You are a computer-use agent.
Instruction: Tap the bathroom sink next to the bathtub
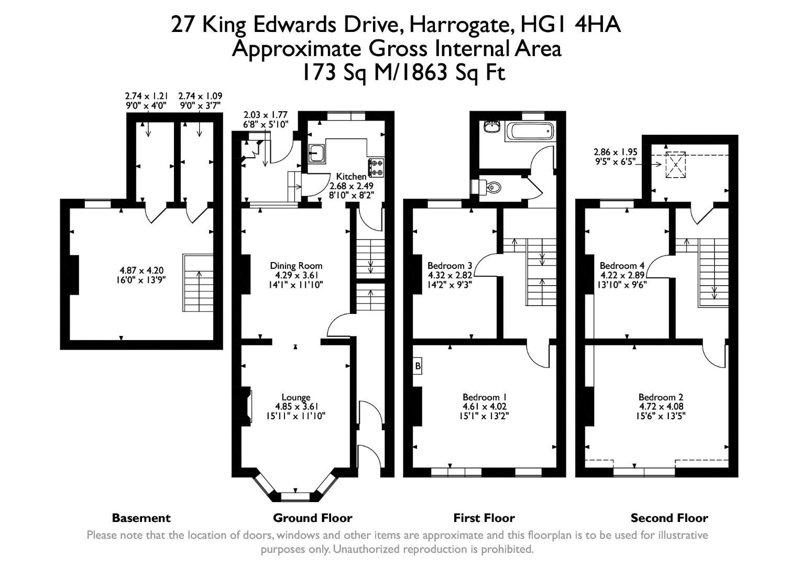pos(491,127)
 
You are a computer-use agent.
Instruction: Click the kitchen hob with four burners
pos(376,167)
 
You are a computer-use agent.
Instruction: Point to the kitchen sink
pos(316,153)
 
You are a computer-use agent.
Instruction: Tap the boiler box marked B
pos(418,366)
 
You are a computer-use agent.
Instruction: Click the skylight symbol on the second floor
pos(675,165)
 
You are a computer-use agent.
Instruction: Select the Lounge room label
pos(296,397)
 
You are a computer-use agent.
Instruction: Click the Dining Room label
pos(296,266)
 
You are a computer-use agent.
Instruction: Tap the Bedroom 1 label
pos(484,397)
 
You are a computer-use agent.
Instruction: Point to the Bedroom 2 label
pos(661,397)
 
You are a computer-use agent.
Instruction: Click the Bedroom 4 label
pos(622,266)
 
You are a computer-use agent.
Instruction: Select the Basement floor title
pos(141,518)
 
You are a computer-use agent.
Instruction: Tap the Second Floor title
pos(669,518)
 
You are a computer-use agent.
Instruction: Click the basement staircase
pos(199,283)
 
